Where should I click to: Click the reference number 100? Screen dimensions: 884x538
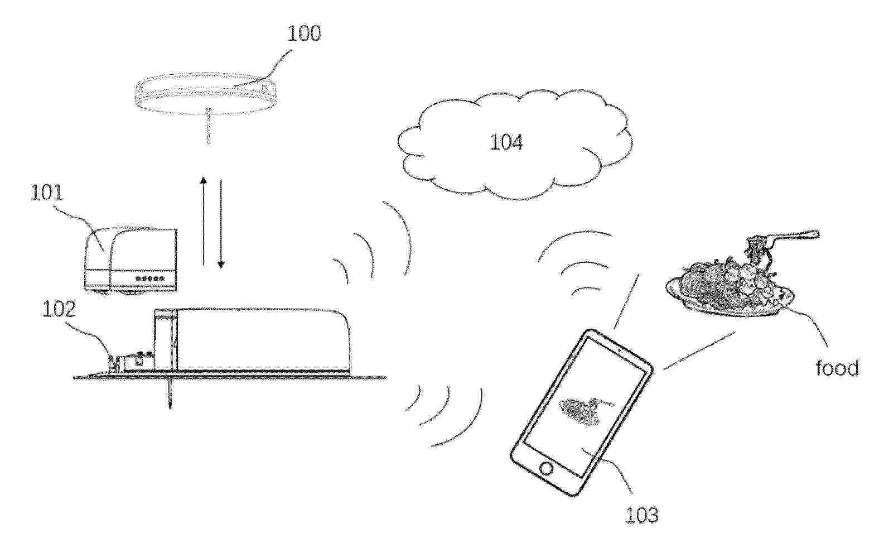click(304, 33)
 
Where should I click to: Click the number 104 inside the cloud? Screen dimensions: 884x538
click(506, 142)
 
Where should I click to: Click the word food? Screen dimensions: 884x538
click(837, 368)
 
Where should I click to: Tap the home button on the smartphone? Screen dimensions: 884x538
click(546, 469)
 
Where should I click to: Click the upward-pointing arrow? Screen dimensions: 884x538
click(203, 220)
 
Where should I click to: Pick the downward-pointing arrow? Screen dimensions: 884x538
click(221, 224)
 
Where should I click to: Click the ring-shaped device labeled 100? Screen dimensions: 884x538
click(205, 93)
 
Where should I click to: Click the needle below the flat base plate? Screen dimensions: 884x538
click(170, 395)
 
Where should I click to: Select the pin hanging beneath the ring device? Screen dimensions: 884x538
click(209, 126)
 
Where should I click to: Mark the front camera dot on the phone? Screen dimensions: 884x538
click(620, 350)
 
